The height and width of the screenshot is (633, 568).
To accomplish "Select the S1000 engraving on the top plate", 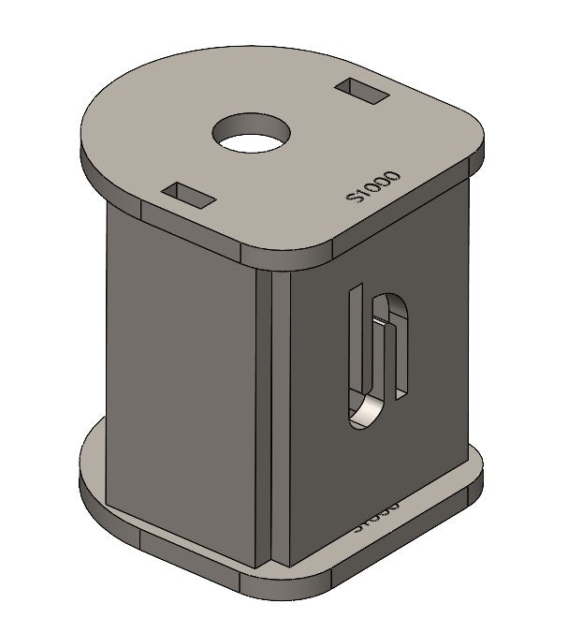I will click(x=372, y=187).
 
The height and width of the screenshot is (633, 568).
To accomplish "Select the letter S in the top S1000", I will click(x=354, y=198).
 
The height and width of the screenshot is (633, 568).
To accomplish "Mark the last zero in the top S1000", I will click(x=392, y=175).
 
